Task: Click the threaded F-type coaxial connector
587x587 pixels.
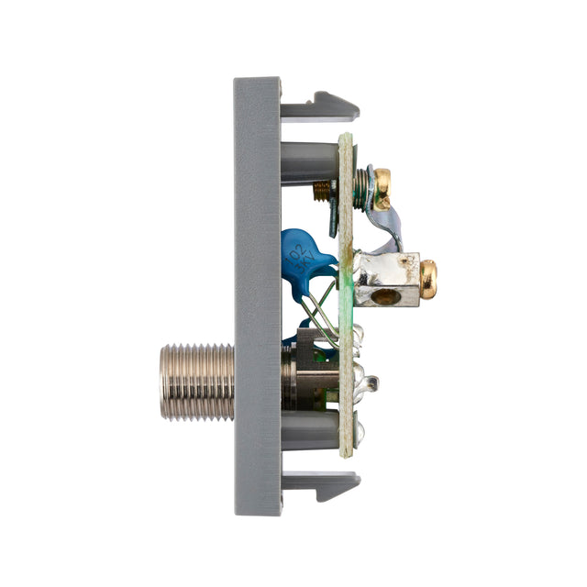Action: tap(197, 382)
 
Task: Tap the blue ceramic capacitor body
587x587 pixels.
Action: tap(307, 262)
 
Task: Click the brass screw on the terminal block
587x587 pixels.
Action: tap(428, 280)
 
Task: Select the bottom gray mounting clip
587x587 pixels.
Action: tap(321, 485)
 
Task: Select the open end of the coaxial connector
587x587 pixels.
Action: tap(164, 382)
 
